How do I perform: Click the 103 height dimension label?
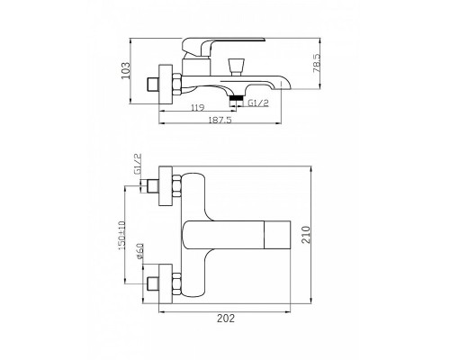pos(126,70)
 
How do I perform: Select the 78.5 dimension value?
pos(317,63)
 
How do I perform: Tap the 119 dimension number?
pos(197,107)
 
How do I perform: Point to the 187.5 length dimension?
pos(220,120)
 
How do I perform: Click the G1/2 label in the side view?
pos(258,103)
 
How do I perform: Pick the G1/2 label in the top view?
pos(138,165)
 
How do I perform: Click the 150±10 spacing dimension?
pos(121,236)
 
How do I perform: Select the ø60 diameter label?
pos(139,251)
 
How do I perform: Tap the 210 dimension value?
pos(305,235)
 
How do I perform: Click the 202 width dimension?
pos(226,319)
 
